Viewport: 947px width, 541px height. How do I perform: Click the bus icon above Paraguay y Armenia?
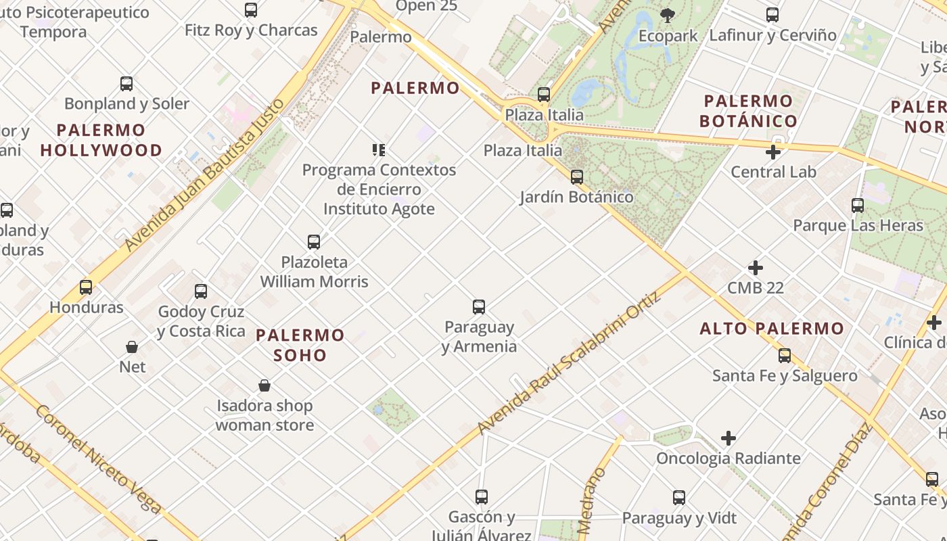(x=479, y=307)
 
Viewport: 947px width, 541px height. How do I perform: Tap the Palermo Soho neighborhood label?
(x=300, y=345)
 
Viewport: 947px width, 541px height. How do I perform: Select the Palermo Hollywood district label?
(x=101, y=140)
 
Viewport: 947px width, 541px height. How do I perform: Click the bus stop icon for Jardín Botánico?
(x=577, y=177)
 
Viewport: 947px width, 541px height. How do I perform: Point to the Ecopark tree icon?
(x=668, y=15)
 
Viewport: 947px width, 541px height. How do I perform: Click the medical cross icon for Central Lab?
(x=773, y=152)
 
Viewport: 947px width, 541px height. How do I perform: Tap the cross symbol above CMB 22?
(x=756, y=268)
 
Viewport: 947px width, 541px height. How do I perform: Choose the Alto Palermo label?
(x=772, y=329)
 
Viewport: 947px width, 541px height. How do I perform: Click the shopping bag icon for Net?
(x=132, y=347)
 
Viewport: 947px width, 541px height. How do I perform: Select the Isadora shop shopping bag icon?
(x=264, y=385)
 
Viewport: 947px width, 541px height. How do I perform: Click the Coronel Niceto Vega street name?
(x=98, y=460)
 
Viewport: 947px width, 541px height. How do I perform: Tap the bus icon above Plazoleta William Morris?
(x=314, y=242)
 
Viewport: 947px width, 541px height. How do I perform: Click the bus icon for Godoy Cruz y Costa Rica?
(x=201, y=291)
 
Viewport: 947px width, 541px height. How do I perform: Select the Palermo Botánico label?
(x=748, y=112)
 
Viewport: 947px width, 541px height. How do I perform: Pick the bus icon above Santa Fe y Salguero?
(x=785, y=356)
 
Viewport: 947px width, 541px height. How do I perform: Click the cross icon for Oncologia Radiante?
(x=729, y=439)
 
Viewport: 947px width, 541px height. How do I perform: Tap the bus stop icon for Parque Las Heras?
(x=858, y=206)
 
